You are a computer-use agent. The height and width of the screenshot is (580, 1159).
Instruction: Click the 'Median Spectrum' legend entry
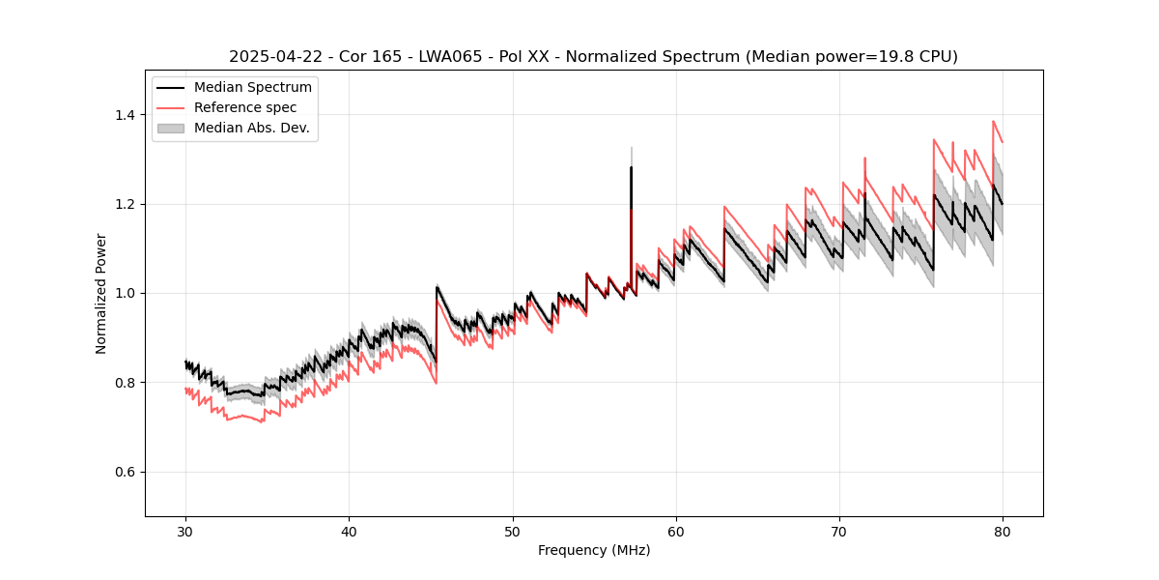[x=252, y=88]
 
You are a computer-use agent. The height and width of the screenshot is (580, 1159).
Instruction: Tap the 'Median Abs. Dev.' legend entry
[x=251, y=128]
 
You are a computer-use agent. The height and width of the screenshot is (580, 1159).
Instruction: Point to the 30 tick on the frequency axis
[x=185, y=531]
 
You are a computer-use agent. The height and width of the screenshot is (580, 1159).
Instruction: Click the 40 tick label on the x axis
[x=349, y=531]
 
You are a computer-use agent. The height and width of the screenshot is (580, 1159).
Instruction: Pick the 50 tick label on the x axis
[x=512, y=531]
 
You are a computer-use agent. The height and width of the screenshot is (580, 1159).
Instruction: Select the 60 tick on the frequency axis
[x=675, y=531]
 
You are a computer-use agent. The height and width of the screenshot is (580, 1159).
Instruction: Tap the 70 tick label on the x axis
[x=839, y=531]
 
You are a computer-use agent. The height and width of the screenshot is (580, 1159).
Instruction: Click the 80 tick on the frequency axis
[x=1003, y=531]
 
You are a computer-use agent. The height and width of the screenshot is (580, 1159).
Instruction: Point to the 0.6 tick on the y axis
[x=126, y=472]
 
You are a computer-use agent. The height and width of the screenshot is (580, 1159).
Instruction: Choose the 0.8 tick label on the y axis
[x=126, y=383]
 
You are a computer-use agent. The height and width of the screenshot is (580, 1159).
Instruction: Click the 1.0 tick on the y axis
[x=126, y=293]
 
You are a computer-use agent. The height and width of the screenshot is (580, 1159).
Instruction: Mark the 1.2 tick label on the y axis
[x=126, y=204]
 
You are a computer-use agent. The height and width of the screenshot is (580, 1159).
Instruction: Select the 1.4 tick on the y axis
[x=126, y=115]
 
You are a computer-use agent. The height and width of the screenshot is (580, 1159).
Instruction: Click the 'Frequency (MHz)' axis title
[x=594, y=550]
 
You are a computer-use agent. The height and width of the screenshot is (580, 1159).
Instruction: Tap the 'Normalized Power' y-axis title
[x=101, y=293]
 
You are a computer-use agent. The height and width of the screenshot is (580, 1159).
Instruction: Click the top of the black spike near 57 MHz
[x=631, y=167]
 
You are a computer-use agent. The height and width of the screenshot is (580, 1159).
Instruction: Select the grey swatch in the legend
[x=172, y=128]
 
